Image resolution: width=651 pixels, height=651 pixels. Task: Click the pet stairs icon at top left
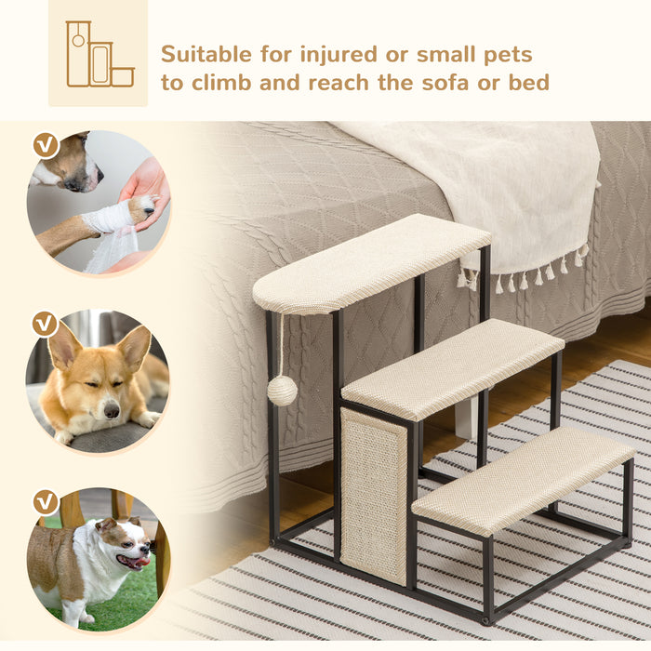click(x=99, y=54)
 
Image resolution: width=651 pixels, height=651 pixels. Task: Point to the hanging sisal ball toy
click(x=282, y=390)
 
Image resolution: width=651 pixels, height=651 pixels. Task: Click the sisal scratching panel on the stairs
click(x=373, y=493)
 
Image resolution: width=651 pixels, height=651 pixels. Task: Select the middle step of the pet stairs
click(x=453, y=366)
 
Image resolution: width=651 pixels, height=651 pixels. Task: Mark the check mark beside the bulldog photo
click(x=45, y=501)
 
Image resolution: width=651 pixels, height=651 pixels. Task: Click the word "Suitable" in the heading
click(x=200, y=53)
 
